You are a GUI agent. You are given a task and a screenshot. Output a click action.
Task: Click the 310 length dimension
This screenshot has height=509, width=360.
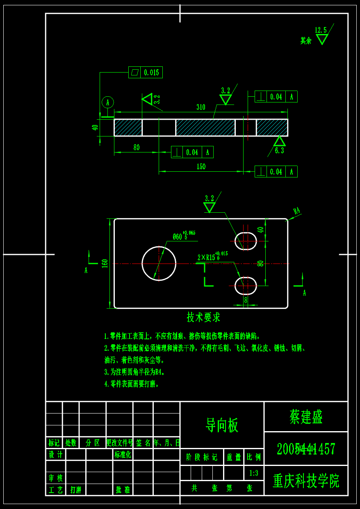(201, 107)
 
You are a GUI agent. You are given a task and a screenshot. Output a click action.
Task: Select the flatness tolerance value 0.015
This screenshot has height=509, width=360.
(151, 73)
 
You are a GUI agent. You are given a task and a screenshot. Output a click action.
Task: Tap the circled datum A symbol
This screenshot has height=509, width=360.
(108, 102)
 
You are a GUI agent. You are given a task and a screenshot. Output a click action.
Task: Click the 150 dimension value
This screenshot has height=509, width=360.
(201, 167)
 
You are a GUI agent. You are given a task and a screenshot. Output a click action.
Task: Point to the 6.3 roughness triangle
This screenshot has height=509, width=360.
(279, 142)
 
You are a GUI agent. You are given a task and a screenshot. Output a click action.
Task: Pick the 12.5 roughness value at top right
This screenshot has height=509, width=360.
(321, 30)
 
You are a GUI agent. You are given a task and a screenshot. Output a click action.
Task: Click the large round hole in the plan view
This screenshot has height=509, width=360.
(159, 264)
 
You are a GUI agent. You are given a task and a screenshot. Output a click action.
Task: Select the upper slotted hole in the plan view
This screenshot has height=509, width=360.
(246, 241)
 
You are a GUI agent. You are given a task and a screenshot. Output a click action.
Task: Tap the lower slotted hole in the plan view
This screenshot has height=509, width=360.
(246, 286)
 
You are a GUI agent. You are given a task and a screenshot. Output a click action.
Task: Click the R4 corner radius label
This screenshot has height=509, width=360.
(297, 211)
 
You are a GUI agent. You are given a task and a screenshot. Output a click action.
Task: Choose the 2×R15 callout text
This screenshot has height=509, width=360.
(207, 257)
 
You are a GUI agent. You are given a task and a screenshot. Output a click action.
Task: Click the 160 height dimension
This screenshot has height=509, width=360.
(105, 263)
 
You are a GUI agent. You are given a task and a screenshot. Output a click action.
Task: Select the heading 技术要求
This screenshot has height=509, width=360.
(203, 317)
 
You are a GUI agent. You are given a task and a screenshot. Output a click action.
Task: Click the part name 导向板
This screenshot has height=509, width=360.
(222, 425)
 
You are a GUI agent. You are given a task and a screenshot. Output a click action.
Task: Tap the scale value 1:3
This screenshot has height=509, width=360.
(254, 473)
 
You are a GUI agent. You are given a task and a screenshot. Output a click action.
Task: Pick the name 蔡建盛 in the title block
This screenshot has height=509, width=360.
(306, 417)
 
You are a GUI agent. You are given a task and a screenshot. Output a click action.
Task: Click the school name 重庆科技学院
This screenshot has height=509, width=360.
(306, 481)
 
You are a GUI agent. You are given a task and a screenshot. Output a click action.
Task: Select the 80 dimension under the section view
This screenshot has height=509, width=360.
(137, 148)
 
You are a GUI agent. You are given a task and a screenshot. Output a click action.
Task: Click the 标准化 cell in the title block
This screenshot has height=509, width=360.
(123, 454)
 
